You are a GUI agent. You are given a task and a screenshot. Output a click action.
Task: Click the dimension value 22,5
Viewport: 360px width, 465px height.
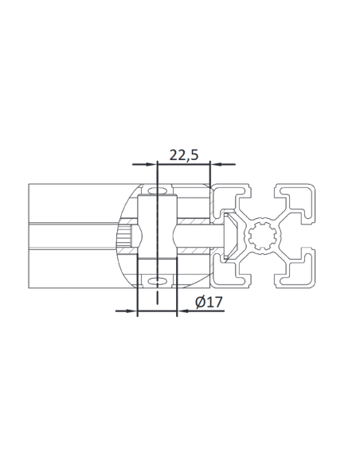pyautogui.click(x=184, y=155)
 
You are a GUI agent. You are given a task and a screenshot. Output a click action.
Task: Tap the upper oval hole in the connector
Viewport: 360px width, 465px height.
pyautogui.click(x=157, y=192)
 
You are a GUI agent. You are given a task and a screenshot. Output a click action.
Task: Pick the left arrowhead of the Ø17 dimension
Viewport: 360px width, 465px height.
pyautogui.click(x=132, y=311)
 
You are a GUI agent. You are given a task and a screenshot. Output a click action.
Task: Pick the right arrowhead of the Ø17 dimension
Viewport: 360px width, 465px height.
pyautogui.click(x=182, y=311)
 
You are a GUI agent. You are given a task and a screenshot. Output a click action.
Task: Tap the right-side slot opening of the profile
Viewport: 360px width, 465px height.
pyautogui.click(x=309, y=236)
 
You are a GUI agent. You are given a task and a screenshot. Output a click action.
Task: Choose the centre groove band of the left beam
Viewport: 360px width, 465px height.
pyautogui.click(x=72, y=236)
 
